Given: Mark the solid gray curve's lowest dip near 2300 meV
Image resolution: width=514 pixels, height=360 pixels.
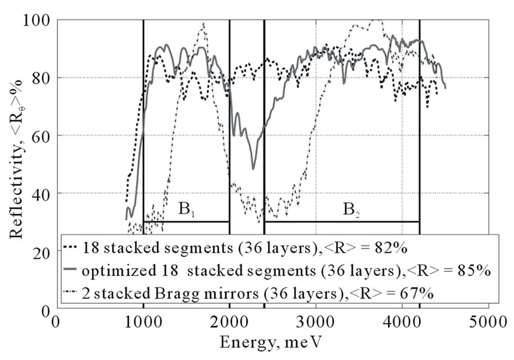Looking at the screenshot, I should [253, 169].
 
